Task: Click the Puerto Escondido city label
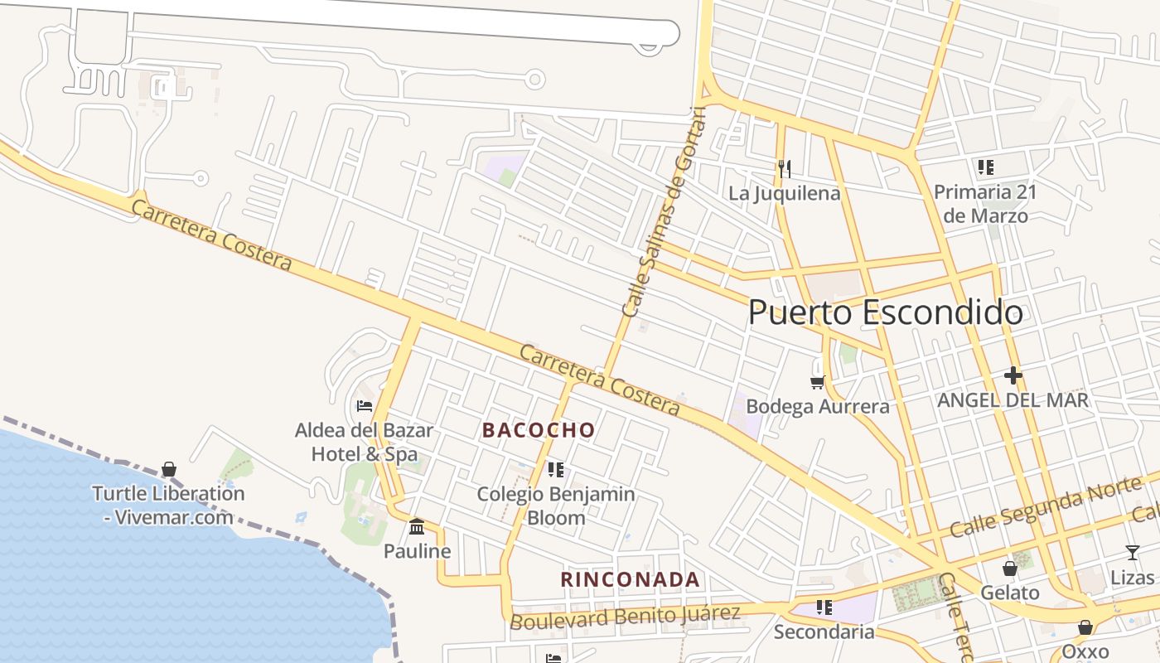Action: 885,313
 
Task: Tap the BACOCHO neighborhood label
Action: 539,430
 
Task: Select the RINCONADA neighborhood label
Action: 631,579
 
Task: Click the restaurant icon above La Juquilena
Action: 785,169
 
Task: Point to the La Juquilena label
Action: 785,194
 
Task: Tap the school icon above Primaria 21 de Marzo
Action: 985,167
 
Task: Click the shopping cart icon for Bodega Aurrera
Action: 818,382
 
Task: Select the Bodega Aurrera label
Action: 818,407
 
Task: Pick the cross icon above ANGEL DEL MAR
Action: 1013,375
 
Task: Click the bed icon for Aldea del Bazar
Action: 364,406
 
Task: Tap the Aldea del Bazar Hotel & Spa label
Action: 364,443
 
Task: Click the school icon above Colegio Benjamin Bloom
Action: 556,470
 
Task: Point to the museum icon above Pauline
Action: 417,526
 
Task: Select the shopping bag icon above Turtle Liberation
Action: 169,469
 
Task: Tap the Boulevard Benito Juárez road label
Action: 626,617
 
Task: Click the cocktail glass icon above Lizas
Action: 1133,553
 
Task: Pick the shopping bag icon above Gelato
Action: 1010,568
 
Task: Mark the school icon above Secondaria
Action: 824,607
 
